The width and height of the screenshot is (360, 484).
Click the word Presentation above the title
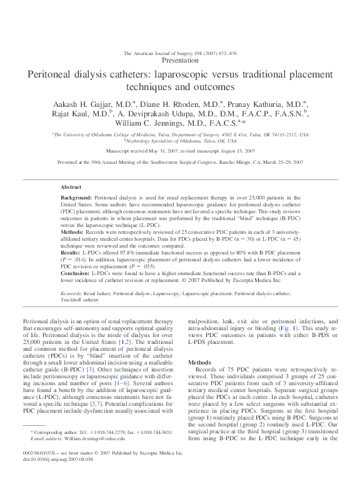(180, 61)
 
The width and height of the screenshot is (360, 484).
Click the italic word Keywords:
(72, 293)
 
